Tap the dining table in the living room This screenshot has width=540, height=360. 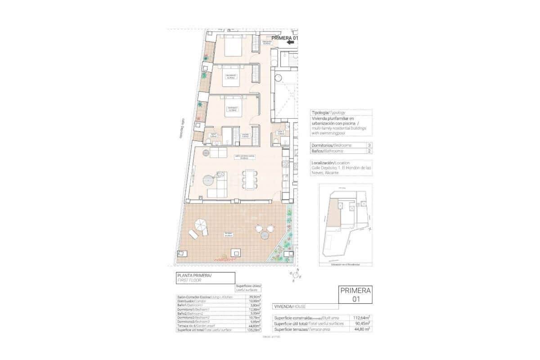[250, 179]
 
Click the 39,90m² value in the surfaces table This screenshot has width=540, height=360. [255, 297]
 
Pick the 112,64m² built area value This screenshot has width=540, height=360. [362, 318]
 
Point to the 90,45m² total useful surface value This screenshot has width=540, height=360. [362, 324]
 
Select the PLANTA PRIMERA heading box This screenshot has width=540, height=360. [205, 277]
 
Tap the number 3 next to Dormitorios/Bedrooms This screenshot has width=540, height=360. [369, 145]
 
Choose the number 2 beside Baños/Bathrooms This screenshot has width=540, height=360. [369, 152]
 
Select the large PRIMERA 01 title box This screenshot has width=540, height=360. [355, 294]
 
